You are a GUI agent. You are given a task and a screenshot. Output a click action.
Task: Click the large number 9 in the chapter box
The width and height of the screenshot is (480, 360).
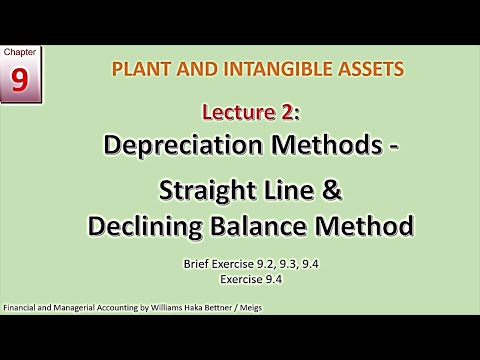pyautogui.click(x=20, y=81)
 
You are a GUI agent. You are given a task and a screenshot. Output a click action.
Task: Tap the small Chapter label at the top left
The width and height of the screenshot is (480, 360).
pyautogui.click(x=20, y=52)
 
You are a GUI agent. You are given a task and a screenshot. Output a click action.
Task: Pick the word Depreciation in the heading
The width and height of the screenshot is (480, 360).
pyautogui.click(x=180, y=144)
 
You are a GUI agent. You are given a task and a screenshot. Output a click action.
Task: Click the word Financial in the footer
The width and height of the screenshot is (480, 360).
pyautogui.click(x=22, y=308)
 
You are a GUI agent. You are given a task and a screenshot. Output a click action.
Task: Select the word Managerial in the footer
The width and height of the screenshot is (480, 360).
pyautogui.click(x=84, y=308)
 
